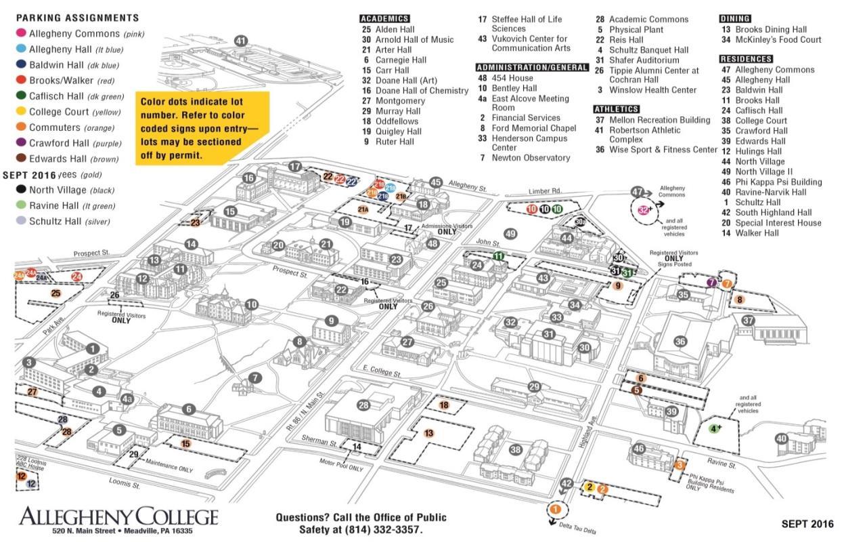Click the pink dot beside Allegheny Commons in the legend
21,33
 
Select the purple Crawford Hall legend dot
21,143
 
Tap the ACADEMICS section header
384,19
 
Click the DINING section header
735,19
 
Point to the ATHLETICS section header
616,109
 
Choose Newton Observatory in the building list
531,158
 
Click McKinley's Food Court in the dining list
778,40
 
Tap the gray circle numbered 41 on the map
241,41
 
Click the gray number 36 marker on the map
680,342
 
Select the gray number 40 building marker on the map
782,438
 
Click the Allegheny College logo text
118,517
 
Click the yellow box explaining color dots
201,128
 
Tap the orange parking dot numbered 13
428,433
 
